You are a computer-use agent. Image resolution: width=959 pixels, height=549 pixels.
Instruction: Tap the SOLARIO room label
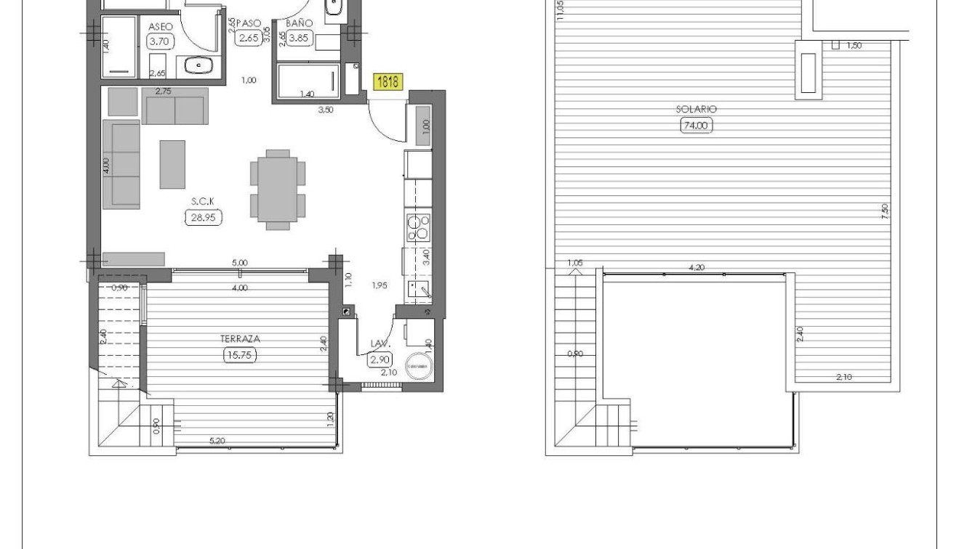point(696,109)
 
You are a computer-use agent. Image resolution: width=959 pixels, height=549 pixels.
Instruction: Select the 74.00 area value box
point(696,125)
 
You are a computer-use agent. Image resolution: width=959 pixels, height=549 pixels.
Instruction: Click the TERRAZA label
point(240,338)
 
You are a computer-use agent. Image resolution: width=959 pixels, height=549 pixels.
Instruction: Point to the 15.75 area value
point(240,354)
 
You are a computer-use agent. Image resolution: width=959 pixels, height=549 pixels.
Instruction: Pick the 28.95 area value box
point(203,217)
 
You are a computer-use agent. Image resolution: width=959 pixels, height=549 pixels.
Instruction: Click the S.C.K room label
point(203,201)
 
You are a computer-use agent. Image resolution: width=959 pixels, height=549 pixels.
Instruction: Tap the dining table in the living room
point(278,190)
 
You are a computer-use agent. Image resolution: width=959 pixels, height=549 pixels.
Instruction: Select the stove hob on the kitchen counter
point(418,227)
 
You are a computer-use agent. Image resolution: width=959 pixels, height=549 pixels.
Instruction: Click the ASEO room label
point(161,26)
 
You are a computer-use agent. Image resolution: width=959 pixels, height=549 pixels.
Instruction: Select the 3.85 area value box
point(299,38)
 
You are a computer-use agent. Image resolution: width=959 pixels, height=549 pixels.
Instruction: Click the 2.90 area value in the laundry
point(380,359)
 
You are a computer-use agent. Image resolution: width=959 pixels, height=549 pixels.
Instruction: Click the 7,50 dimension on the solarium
point(884,211)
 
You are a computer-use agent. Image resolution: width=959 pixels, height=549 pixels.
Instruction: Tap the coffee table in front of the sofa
point(172,165)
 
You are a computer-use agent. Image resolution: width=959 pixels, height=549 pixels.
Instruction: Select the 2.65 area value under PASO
point(249,38)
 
